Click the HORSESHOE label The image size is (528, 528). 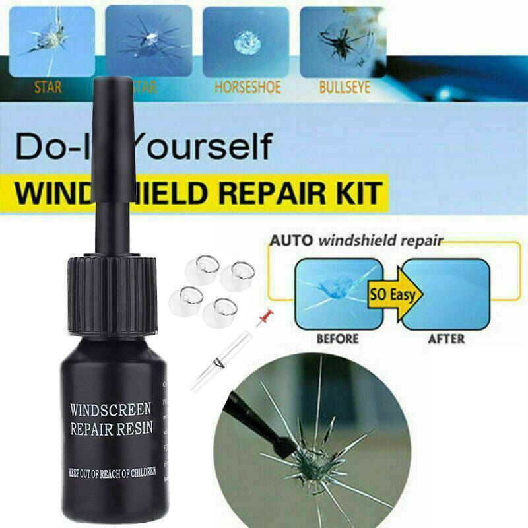pos(247,86)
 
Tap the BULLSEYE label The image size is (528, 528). pos(344,86)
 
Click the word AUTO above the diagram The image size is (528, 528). pos(291,240)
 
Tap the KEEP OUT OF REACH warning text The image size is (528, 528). pos(112,471)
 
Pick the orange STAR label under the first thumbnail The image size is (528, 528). pos(49,86)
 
